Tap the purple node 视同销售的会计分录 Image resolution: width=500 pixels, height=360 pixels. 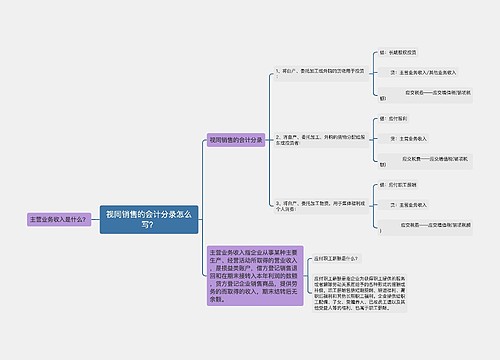(x=235, y=140)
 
